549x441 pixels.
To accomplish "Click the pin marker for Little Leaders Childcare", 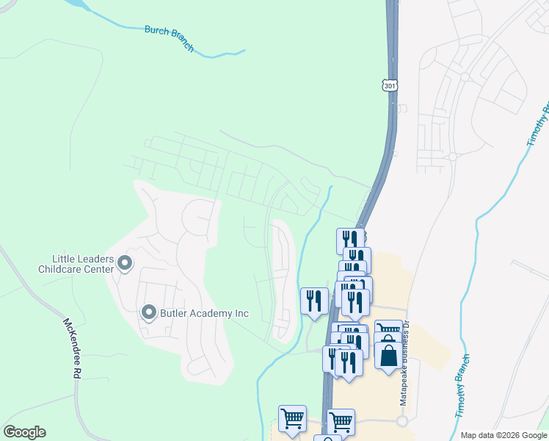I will pyautogui.click(x=125, y=262).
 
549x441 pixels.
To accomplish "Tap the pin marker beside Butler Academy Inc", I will pyautogui.click(x=149, y=314).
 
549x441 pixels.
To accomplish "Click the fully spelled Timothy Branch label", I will pyautogui.click(x=461, y=386).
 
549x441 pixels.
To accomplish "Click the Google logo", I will pyautogui.click(x=24, y=432).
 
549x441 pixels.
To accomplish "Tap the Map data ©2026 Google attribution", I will pyautogui.click(x=503, y=435).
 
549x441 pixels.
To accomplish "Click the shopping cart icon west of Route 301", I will pyautogui.click(x=292, y=417).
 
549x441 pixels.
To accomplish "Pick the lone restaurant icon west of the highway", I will pyautogui.click(x=314, y=300).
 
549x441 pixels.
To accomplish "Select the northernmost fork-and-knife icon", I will pyautogui.click(x=350, y=240).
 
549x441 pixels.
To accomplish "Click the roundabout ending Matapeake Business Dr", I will pyautogui.click(x=401, y=422).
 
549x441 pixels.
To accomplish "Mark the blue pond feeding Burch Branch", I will pyautogui.click(x=81, y=7).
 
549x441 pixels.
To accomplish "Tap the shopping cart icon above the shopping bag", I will pyautogui.click(x=388, y=331).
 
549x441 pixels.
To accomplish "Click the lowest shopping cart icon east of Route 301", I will pyautogui.click(x=341, y=422).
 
